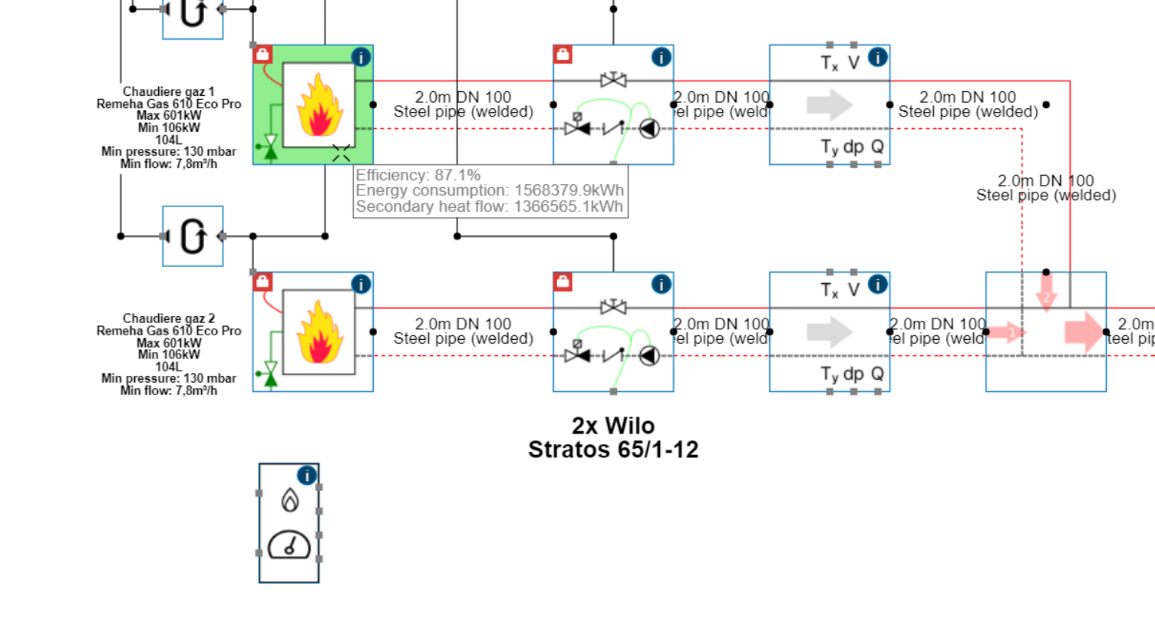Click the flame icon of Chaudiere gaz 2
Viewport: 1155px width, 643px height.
click(319, 331)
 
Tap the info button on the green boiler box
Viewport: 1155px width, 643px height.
click(361, 57)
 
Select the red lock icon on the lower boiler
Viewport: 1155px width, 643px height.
click(262, 282)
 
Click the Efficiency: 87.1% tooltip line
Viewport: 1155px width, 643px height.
click(418, 176)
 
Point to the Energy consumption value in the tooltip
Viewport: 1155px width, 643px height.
click(569, 190)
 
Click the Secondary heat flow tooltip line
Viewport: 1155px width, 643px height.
click(489, 206)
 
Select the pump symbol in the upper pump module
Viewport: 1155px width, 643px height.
click(649, 129)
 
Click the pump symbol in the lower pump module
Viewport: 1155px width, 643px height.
click(649, 356)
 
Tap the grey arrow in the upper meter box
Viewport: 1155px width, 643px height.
click(830, 105)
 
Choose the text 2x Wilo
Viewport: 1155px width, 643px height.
click(613, 426)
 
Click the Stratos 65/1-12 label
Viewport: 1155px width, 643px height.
click(613, 450)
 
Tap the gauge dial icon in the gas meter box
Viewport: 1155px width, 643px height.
click(289, 546)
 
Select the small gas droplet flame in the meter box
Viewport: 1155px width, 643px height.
click(289, 500)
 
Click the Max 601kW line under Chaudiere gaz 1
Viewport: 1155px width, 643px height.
click(169, 116)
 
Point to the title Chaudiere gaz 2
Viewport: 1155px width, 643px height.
click(169, 318)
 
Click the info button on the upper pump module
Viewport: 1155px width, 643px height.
click(661, 57)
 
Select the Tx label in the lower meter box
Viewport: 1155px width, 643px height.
click(830, 290)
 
